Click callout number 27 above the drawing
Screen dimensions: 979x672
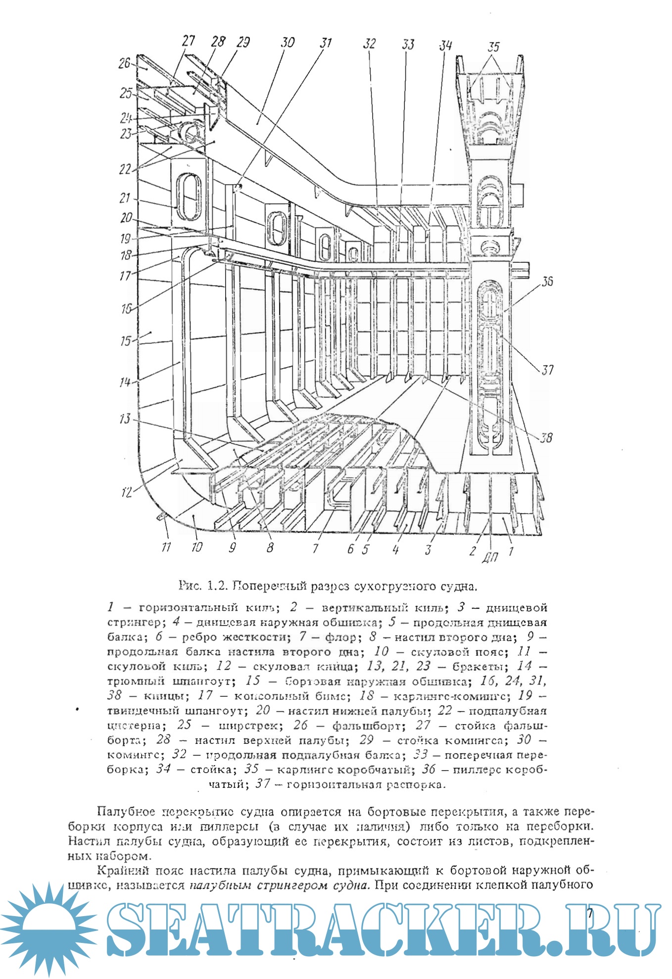coord(188,40)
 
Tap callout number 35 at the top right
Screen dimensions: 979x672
coord(493,47)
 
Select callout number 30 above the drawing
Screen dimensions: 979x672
coord(288,42)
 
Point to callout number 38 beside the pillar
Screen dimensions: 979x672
coord(546,438)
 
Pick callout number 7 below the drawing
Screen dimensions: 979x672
coord(315,548)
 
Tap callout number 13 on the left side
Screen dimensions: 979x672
coord(125,419)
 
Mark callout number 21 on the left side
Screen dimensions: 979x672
coord(125,198)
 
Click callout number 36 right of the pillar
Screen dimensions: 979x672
coord(547,282)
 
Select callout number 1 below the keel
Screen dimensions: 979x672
coord(511,550)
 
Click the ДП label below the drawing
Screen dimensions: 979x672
coord(490,558)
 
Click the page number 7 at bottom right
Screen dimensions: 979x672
coord(589,913)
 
